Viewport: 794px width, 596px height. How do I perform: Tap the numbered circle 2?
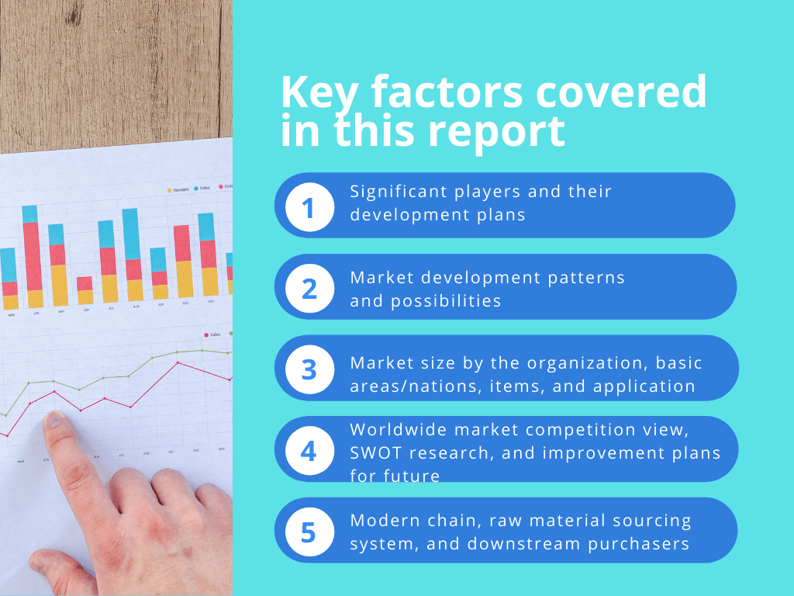pos(309,289)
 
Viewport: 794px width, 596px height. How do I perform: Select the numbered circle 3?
pos(309,369)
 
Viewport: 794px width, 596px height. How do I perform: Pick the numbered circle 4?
pos(309,451)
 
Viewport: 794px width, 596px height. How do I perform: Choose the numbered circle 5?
pos(309,532)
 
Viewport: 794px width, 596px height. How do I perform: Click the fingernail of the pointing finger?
pos(55,420)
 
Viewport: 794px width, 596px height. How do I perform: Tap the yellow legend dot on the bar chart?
pos(170,189)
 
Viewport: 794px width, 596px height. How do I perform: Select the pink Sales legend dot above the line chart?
pos(205,335)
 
